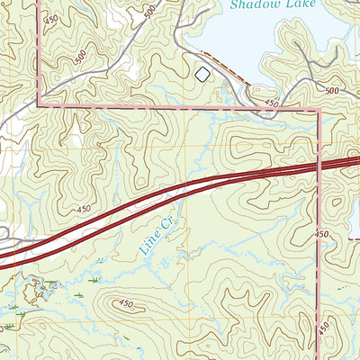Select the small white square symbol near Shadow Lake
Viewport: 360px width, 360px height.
click(202, 74)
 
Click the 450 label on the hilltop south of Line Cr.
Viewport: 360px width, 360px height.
click(127, 304)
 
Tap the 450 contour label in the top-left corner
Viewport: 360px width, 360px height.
click(50, 20)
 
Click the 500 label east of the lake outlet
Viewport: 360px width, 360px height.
click(331, 91)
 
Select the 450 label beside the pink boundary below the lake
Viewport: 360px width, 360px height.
click(271, 105)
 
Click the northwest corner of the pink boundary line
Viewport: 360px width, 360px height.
click(40, 104)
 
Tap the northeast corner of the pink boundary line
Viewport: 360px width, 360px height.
click(319, 112)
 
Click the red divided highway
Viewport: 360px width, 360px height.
click(180, 190)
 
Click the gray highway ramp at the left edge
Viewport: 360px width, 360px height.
click(9, 241)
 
